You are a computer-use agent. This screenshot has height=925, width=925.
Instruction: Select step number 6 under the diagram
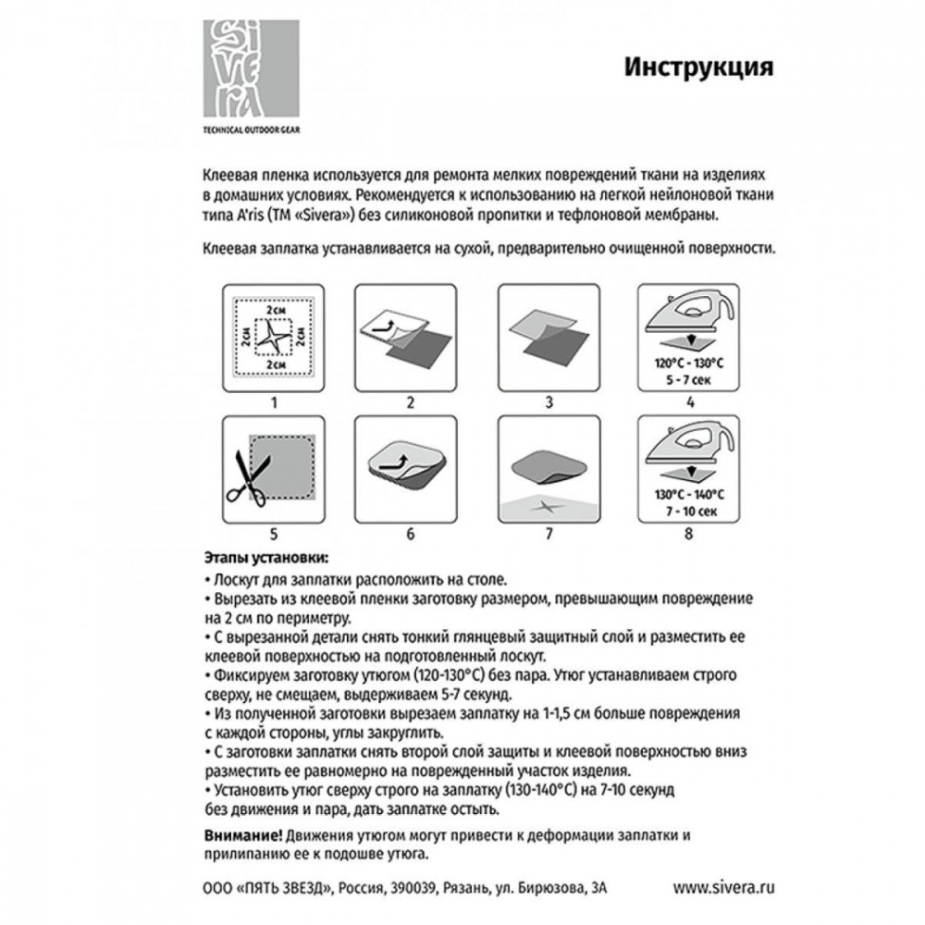[x=410, y=534]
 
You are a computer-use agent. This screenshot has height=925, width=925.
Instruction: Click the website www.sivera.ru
[x=722, y=886]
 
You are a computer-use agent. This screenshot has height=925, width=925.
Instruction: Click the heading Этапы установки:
[x=264, y=559]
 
